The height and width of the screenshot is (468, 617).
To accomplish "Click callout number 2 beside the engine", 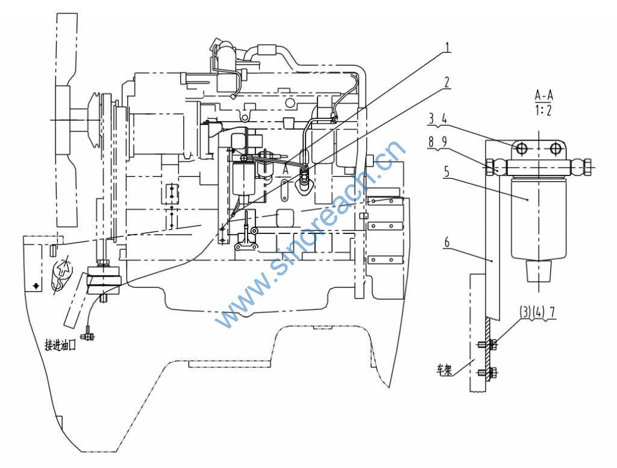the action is click(x=447, y=82).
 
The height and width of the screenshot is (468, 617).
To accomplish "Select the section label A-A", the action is click(x=544, y=95).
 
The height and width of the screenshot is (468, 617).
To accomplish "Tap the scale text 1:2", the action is click(x=543, y=110).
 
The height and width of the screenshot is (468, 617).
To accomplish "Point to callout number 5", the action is click(x=446, y=172).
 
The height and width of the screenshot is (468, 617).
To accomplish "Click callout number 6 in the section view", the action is click(x=446, y=242).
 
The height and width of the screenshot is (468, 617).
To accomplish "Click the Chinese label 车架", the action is click(x=444, y=370).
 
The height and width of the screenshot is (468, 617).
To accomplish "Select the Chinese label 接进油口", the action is click(x=60, y=346).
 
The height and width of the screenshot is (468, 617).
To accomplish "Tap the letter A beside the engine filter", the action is click(x=286, y=170).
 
